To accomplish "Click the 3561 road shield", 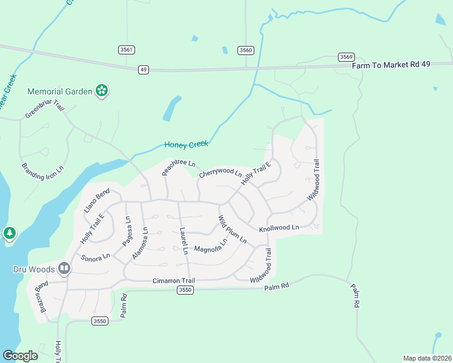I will (x=126, y=50).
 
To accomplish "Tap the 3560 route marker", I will (x=245, y=50).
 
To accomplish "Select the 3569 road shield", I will (x=346, y=57).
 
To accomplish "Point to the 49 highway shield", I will (x=143, y=70).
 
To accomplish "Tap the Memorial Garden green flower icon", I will (x=102, y=91).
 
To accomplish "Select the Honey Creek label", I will (x=186, y=145).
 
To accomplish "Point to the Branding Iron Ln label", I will (x=43, y=175).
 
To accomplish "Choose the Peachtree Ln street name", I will (x=179, y=167).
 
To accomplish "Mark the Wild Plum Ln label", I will (x=233, y=229).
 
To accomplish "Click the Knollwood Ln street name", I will (x=279, y=229).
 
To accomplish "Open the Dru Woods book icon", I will (x=64, y=269).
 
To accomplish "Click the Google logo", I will (x=20, y=356).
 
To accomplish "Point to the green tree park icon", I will (x=9, y=233).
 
